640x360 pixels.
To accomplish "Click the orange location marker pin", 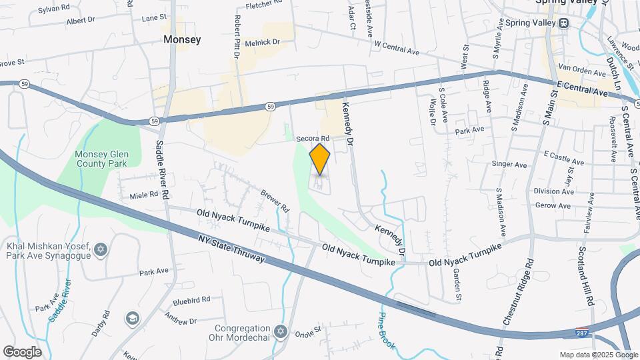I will pyautogui.click(x=320, y=159).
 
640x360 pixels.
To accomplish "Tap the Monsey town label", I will pyautogui.click(x=182, y=40).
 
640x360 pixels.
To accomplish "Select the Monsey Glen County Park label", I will pyautogui.click(x=101, y=159).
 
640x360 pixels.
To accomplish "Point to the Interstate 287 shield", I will pyautogui.click(x=581, y=333).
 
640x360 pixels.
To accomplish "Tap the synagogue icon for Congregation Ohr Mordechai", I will pyautogui.click(x=281, y=331).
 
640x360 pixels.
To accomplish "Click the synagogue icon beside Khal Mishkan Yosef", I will pyautogui.click(x=101, y=249).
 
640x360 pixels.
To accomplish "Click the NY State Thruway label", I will pyautogui.click(x=231, y=249).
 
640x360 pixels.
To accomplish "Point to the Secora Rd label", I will pyautogui.click(x=313, y=138).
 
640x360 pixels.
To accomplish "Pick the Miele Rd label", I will pyautogui.click(x=145, y=195).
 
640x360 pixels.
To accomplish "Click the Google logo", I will pyautogui.click(x=22, y=352).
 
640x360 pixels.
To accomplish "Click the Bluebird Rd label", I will pyautogui.click(x=191, y=299).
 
